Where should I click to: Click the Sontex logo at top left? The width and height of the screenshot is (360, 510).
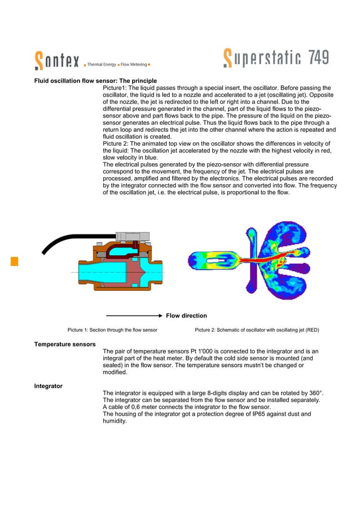tap(57, 59)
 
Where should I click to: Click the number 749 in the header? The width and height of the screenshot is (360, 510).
tap(313, 58)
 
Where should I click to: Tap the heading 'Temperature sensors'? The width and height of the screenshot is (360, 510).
tap(64, 344)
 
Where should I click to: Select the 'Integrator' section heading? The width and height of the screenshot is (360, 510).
tap(48, 386)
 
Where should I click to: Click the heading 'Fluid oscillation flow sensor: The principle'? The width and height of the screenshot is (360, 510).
tap(95, 81)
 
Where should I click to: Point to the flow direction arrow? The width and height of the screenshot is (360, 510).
tap(134, 316)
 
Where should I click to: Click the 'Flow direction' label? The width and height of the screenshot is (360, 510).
tap(186, 316)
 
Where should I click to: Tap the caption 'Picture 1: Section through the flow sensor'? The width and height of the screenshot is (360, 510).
tap(112, 329)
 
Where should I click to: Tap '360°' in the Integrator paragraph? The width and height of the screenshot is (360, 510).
tap(314, 393)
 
